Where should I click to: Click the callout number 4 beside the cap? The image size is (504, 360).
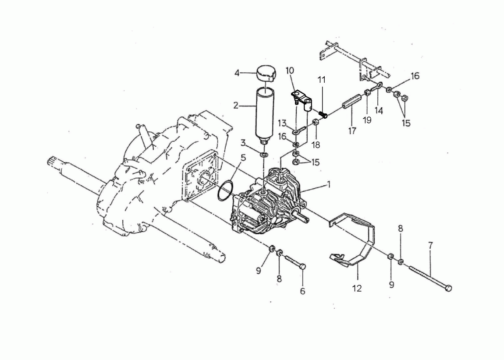coord(237,73)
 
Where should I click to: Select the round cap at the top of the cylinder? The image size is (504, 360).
coord(266,74)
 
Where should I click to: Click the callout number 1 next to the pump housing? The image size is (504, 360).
coord(329,184)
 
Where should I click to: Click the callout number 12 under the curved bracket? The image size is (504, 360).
coord(357,288)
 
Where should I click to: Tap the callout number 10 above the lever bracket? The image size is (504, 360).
coord(290,71)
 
